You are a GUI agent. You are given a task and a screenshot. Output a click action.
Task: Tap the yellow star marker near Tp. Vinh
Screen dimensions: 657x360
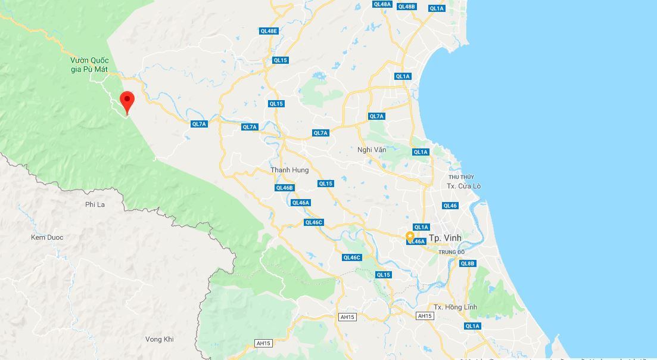pos(410,236)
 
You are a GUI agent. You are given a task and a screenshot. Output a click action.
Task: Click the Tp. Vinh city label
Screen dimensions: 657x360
pos(445,238)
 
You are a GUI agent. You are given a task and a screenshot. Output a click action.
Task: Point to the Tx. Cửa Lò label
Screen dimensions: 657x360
pos(463,186)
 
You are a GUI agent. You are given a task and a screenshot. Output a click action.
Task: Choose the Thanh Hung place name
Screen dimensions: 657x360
pos(289,170)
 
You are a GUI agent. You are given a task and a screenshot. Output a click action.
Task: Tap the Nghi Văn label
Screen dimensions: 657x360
pos(372,150)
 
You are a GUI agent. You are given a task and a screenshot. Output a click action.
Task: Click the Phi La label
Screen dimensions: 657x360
pos(95,204)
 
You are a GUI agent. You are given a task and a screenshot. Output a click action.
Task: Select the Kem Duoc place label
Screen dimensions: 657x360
pos(47,237)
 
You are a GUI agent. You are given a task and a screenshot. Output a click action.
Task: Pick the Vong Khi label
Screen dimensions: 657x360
pos(159,339)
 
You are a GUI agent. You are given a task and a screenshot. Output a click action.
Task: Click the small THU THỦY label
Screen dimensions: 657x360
pos(462,177)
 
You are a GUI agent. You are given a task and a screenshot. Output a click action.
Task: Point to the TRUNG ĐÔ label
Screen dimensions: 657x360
pos(452,252)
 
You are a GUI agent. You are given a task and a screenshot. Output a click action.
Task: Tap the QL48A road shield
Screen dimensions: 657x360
pos(382,4)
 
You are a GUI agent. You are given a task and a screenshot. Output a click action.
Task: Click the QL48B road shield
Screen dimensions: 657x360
pos(406,7)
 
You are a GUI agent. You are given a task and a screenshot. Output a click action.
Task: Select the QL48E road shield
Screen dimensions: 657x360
pos(269,31)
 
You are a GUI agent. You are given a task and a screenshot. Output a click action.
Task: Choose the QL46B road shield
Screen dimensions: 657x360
pos(285,188)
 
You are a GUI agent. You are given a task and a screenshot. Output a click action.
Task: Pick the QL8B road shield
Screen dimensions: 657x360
pos(468,263)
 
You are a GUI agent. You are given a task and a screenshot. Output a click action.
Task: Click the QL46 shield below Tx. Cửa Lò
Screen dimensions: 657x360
pos(450,206)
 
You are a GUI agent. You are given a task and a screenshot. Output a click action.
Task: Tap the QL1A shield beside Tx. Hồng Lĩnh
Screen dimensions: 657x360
pos(472,326)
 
